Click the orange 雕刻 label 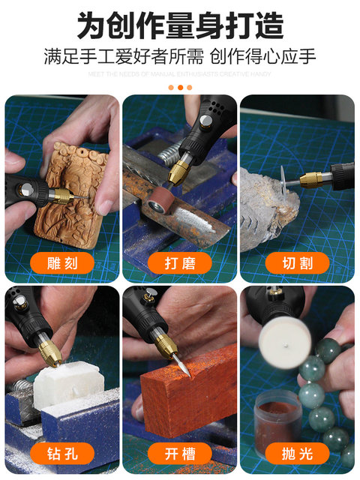tap(62, 262)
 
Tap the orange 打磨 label tap(180, 262)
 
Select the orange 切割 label tap(297, 262)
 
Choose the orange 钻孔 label tap(62, 453)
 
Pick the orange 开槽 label tap(180, 453)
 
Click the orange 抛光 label tap(297, 453)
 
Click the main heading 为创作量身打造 tap(180, 25)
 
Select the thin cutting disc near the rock tap(283, 180)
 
